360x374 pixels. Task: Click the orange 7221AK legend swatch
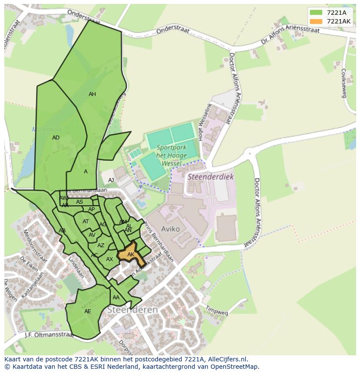coord(316,21)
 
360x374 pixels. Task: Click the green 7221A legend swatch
coord(316,13)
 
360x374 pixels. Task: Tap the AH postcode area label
coord(92,94)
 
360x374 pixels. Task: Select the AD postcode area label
coord(56,138)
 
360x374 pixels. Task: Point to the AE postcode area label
coord(88,311)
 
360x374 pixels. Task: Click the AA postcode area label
coord(116,298)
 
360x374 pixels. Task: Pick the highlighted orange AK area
coord(130,254)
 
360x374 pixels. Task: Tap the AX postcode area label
coord(110,259)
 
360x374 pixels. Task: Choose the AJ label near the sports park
coord(111,180)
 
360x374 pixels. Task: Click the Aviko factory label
coord(170,229)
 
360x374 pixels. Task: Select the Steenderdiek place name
coord(210,177)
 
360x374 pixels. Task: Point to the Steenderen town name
coord(132,310)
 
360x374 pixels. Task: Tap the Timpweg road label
coord(217,311)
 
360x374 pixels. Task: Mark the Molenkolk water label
coord(47,129)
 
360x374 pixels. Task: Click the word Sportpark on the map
coord(171,148)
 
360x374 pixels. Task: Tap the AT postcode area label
coord(86,222)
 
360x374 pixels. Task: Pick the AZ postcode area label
coord(101,245)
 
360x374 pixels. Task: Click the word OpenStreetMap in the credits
coord(235,367)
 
